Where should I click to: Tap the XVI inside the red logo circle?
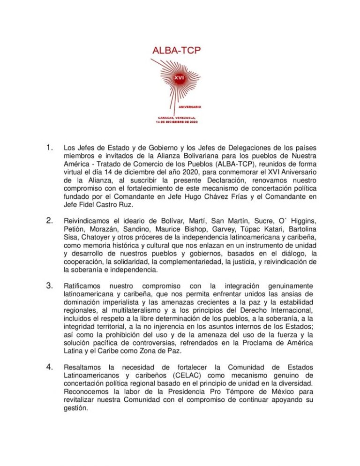click(x=179, y=76)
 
